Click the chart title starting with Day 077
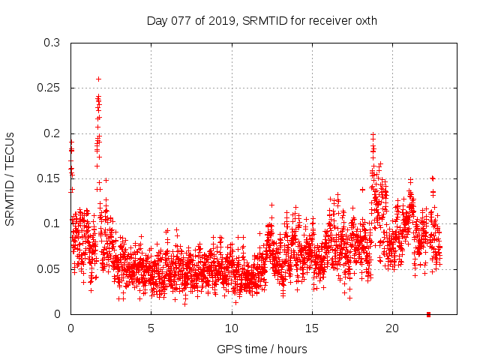[261, 20]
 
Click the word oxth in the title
[364, 20]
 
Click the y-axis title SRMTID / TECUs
[10, 178]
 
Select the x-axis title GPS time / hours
[261, 349]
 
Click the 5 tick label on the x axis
[151, 328]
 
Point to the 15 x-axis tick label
[311, 328]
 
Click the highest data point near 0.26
[98, 79]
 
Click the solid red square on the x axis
[428, 313]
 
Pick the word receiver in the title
[326, 20]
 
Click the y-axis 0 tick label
[58, 313]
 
